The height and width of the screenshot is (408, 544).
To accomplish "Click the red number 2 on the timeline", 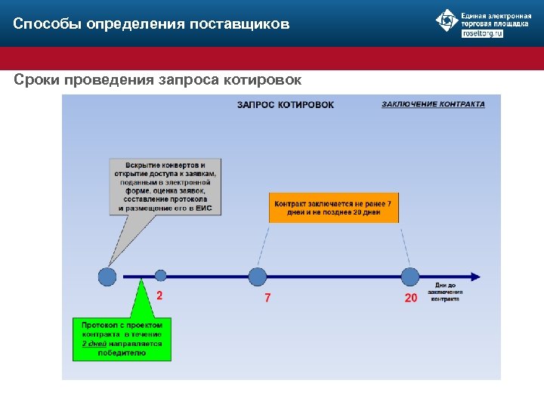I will [x=159, y=296].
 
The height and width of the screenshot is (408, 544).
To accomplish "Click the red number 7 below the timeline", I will [x=267, y=298].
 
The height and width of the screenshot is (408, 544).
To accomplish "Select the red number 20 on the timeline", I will [x=410, y=298].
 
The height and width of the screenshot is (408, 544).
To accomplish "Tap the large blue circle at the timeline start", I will [x=107, y=277].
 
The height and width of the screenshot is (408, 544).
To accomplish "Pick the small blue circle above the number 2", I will [x=160, y=276].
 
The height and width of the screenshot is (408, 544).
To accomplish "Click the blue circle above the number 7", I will [x=258, y=277].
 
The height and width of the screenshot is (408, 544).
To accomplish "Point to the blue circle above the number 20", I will [x=410, y=277].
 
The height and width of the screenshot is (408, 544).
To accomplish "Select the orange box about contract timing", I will [x=333, y=208].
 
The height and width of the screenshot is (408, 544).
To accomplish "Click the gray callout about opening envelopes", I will [x=165, y=187].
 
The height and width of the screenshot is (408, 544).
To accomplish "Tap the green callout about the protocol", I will [x=122, y=338].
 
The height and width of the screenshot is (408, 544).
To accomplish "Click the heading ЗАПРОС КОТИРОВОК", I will [x=285, y=105].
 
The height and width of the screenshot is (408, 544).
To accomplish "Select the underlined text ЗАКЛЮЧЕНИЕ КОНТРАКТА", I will [x=433, y=104].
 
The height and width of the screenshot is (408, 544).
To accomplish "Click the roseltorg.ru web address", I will [x=481, y=34].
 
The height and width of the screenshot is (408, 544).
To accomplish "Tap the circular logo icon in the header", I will [x=447, y=20].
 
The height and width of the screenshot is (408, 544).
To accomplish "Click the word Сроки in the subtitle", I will [x=37, y=79].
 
